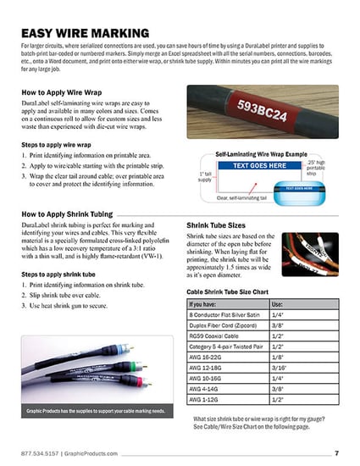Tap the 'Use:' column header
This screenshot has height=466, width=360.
click(x=277, y=302)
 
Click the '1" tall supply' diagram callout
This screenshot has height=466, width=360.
click(x=204, y=176)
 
